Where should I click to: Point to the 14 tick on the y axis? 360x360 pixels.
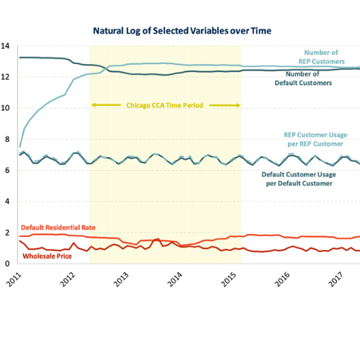[x=5, y=46]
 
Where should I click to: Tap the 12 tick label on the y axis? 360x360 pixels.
[x=5, y=77]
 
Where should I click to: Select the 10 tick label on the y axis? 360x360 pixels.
[x=5, y=108]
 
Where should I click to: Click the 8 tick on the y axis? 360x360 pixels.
[x=7, y=139]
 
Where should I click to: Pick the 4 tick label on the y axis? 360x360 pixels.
[x=7, y=202]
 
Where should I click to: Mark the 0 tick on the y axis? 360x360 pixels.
[x=7, y=264]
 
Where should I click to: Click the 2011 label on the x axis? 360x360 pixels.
[x=14, y=279]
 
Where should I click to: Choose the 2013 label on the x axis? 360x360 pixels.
[x=121, y=279]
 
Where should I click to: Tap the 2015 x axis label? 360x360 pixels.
[x=228, y=279]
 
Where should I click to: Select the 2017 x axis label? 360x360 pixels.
[x=336, y=279]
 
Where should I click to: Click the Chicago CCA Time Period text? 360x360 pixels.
[x=165, y=105]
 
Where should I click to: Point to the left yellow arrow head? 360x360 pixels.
[x=94, y=105]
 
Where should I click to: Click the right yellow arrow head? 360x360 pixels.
[x=238, y=105]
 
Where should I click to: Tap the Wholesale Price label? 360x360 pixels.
[x=47, y=256]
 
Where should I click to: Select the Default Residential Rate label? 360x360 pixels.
[x=58, y=228]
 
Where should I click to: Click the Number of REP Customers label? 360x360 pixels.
[x=321, y=57]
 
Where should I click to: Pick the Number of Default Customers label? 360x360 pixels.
[x=303, y=78]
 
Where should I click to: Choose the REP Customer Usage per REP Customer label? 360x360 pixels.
[x=315, y=140]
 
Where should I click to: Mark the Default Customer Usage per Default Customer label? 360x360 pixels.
[x=299, y=179]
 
